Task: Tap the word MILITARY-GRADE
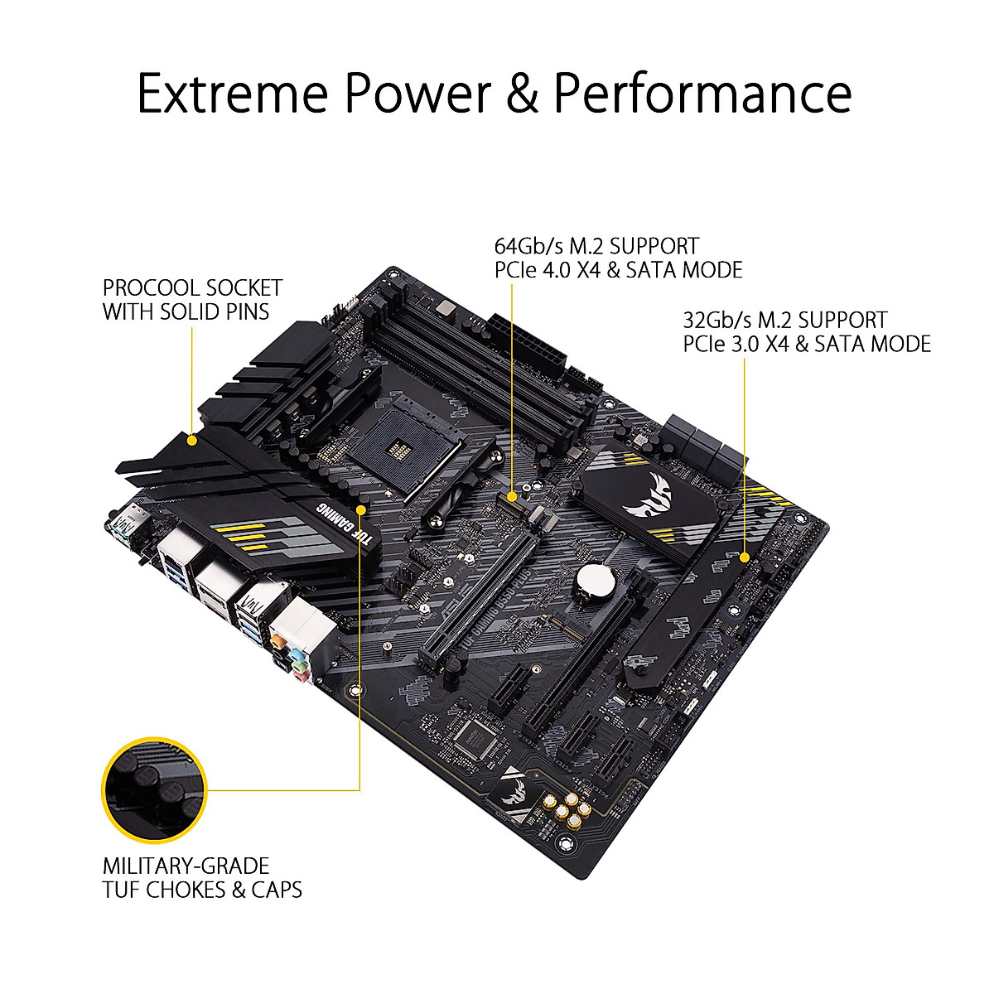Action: pyautogui.click(x=186, y=866)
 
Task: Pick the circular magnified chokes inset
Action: pyautogui.click(x=152, y=788)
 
